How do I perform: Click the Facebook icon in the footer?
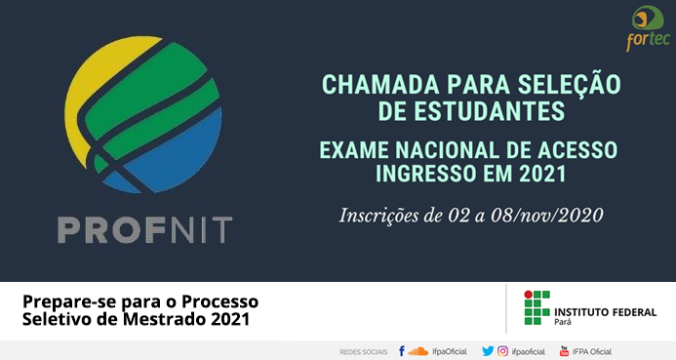click(401, 351)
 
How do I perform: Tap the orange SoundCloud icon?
click(418, 351)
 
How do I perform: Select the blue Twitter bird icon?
click(488, 351)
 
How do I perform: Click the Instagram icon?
click(502, 351)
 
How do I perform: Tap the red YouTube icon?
click(564, 351)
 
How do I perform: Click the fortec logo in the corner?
click(648, 28)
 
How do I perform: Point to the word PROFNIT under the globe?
click(144, 229)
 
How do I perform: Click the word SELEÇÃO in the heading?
click(569, 85)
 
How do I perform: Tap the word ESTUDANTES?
click(491, 111)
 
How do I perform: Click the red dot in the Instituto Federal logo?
click(528, 295)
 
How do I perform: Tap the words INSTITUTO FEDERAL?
click(606, 312)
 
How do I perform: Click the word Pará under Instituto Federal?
click(563, 322)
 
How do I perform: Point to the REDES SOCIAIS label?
click(364, 352)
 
